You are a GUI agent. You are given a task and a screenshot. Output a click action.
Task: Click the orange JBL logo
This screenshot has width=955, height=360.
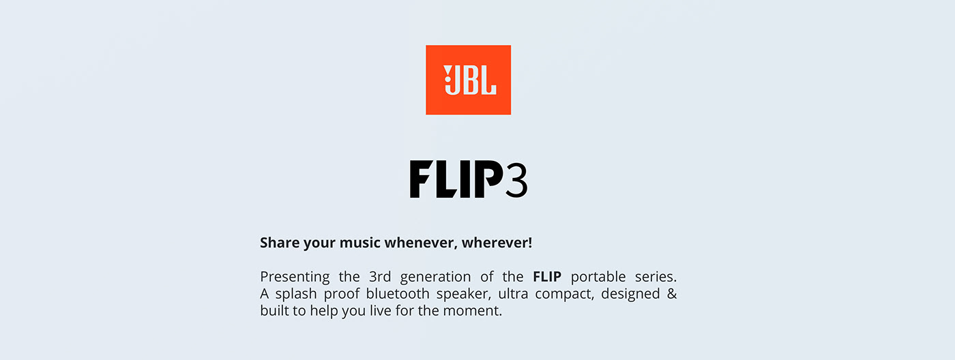click(x=468, y=80)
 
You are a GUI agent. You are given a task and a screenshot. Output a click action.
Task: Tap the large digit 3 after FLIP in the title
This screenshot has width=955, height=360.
click(x=516, y=180)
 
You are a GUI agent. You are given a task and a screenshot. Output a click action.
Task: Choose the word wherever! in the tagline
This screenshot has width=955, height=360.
click(x=497, y=243)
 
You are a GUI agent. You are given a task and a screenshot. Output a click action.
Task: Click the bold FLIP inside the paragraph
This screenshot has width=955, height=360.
click(x=547, y=277)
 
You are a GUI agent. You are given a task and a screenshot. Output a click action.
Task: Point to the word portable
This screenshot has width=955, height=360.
click(x=596, y=277)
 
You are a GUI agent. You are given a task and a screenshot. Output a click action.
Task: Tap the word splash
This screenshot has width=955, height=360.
click(x=293, y=295)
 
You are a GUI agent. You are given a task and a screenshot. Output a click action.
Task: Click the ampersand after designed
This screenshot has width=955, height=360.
click(x=671, y=295)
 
